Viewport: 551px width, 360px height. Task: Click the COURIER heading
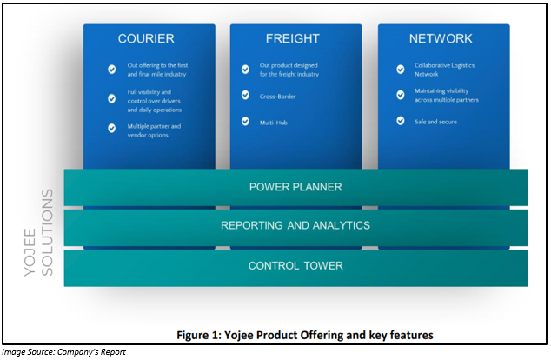(146, 38)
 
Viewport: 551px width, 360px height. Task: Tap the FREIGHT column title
(293, 38)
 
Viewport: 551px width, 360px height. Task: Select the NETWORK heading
(441, 38)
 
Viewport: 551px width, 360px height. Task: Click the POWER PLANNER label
(295, 187)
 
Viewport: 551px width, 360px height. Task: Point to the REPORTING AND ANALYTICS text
(295, 225)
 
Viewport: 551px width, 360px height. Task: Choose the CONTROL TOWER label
(295, 266)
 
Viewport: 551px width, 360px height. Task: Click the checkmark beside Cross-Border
(245, 95)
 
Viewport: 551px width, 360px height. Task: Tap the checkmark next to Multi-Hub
(245, 121)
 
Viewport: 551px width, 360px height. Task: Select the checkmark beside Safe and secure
(401, 121)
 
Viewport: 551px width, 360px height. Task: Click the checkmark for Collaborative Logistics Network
(401, 70)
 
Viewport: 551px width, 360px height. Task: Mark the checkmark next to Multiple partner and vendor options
(112, 128)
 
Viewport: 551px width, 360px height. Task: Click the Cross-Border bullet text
(277, 97)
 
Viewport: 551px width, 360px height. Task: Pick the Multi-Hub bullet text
(274, 123)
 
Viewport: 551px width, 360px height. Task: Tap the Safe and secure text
(435, 122)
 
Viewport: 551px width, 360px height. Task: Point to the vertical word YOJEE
(30, 252)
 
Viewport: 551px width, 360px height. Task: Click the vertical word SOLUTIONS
(47, 232)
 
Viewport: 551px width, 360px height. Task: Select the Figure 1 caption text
(305, 335)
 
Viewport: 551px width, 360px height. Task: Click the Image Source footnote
(63, 352)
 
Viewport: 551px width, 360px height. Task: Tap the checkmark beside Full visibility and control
(112, 99)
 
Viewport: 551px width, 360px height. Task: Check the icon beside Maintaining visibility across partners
(401, 95)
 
